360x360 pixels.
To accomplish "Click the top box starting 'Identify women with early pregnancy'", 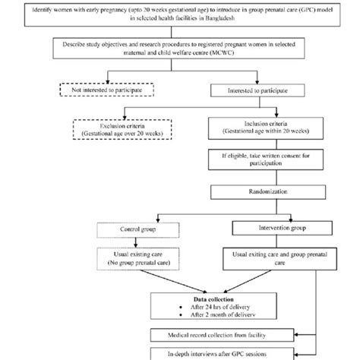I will click(x=180, y=15).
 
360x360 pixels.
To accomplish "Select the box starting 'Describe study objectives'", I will click(x=180, y=49).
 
